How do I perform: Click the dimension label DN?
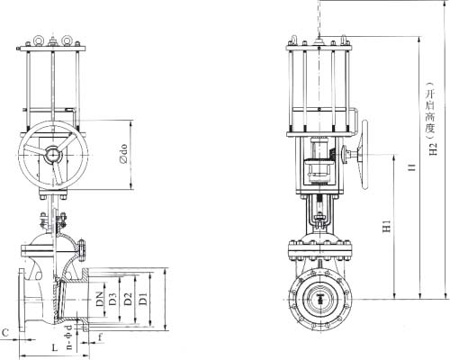100,299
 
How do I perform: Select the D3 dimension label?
112,299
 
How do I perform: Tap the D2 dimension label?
129,299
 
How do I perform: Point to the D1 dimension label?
144,299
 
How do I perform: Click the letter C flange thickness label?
5,332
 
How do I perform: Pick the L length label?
55,348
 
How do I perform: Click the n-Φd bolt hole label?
69,337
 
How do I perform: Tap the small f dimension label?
101,337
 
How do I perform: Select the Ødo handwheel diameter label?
123,154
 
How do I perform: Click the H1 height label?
387,226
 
